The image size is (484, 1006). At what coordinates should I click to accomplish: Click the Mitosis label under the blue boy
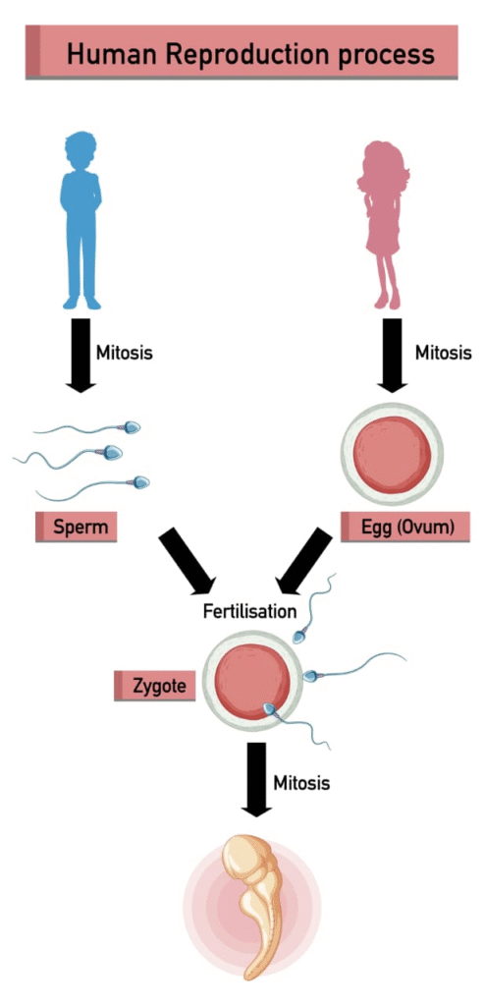(x=125, y=353)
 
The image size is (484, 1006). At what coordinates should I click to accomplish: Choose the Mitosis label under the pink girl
(x=444, y=353)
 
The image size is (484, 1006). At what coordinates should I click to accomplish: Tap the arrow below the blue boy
(x=81, y=355)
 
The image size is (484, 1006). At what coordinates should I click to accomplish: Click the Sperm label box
(x=77, y=529)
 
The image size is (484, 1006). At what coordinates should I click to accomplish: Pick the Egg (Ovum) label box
(x=405, y=528)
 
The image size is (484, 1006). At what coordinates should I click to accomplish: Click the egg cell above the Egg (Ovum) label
(x=393, y=454)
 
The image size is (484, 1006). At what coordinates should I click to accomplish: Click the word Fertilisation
(x=250, y=611)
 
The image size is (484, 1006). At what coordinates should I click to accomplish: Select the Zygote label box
(x=154, y=686)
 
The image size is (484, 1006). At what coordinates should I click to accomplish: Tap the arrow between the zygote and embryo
(x=256, y=779)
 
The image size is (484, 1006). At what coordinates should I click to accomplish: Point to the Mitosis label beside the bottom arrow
(x=302, y=783)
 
